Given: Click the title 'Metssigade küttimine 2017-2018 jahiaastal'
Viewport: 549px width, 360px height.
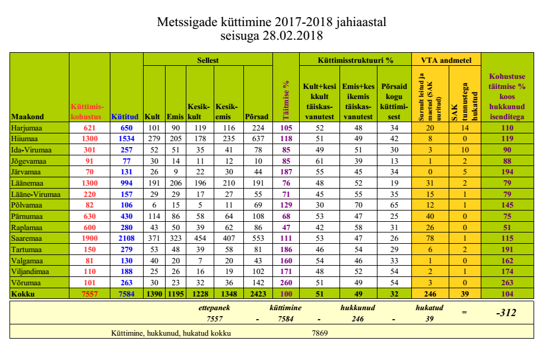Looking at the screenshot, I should click(274, 23).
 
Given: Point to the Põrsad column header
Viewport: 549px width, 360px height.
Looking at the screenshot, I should click(257, 117).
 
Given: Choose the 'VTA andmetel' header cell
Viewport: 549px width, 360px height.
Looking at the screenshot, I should click(446, 60).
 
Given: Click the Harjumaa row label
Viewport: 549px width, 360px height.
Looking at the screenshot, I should click(28, 128).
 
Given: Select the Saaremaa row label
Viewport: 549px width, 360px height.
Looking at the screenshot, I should click(28, 237).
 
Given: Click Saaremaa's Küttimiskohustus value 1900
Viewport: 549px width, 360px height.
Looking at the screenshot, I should click(90, 237).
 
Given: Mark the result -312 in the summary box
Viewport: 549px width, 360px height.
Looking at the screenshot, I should click(506, 313).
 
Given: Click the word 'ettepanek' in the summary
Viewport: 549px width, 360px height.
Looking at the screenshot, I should click(214, 308).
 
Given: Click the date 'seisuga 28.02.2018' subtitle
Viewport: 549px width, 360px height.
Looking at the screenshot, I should click(274, 37).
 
